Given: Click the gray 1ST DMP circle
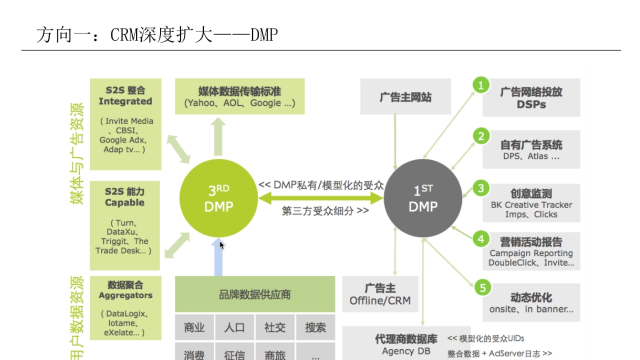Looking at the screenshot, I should (x=423, y=198).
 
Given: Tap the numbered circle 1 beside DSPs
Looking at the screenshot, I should (x=481, y=85).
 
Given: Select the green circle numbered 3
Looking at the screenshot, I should (x=481, y=188).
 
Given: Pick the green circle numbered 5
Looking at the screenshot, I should (x=482, y=288).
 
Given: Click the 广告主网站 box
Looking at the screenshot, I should (x=405, y=97).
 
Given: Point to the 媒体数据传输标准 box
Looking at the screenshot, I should (x=239, y=97).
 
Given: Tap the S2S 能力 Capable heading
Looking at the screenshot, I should (x=125, y=197).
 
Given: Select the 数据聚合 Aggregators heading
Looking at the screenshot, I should (x=125, y=290).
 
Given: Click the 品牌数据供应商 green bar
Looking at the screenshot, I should (x=255, y=294).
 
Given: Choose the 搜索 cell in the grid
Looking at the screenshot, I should (x=315, y=327).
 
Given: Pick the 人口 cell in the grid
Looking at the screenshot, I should (x=235, y=327).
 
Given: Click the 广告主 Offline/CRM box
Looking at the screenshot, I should (x=380, y=294).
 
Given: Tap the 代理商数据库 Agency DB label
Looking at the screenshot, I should (x=406, y=345).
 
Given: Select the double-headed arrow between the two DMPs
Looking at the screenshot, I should (x=321, y=198).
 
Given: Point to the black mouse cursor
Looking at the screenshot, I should (x=222, y=245).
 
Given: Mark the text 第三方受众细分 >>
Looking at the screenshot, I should (x=325, y=211).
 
